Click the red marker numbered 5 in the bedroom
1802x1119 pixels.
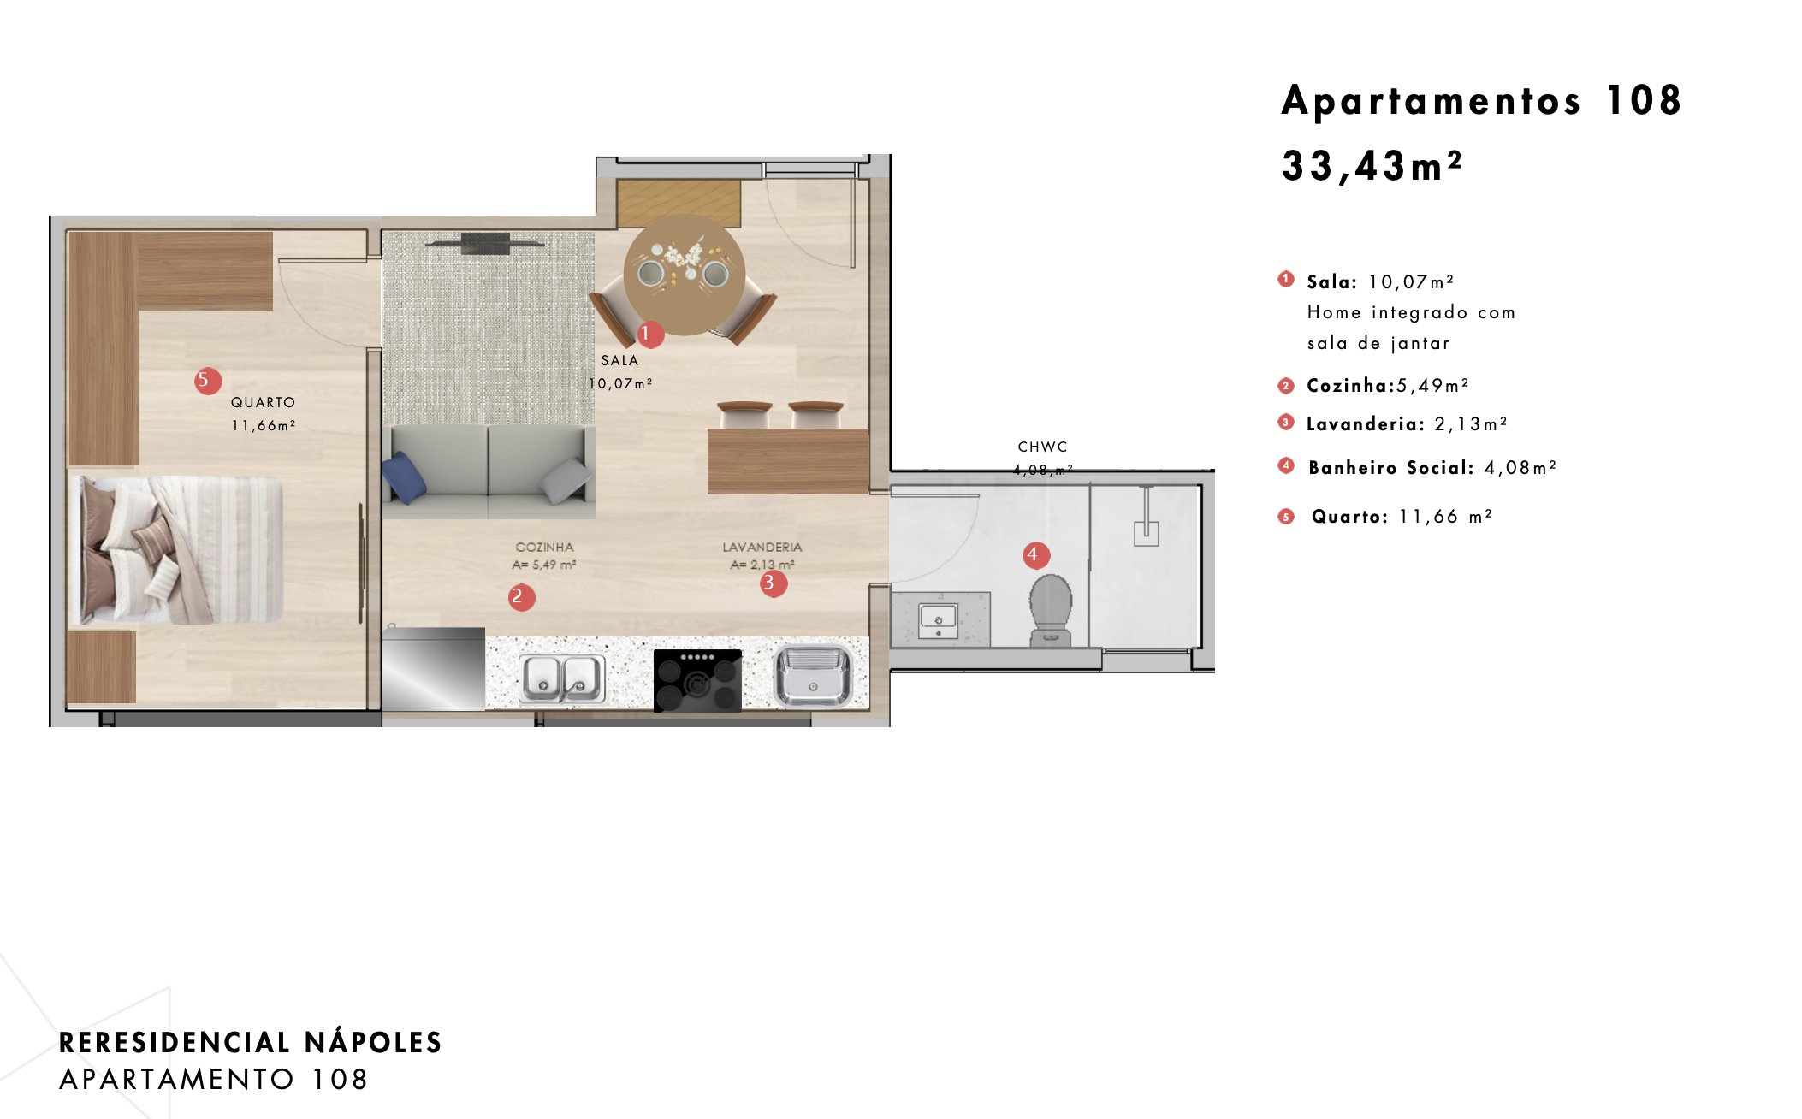(x=208, y=380)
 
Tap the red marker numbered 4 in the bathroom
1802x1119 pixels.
(x=1036, y=555)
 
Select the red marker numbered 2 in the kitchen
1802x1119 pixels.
(x=521, y=597)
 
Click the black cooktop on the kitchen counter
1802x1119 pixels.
(x=697, y=680)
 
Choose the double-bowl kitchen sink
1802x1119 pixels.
(x=562, y=678)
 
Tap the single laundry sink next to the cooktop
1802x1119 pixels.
(x=813, y=676)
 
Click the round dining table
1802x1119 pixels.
(x=684, y=275)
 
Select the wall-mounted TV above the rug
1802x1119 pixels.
(x=485, y=244)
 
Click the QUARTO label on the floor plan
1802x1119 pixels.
(x=263, y=402)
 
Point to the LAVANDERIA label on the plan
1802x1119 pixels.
(x=762, y=547)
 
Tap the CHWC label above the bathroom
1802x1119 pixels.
(x=1042, y=447)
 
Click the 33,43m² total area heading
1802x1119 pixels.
(x=1372, y=166)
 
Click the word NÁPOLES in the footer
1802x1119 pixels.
(x=373, y=1042)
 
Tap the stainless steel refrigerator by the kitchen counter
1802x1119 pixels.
(x=433, y=669)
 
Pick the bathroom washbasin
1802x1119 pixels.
(x=939, y=620)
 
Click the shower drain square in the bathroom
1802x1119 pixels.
(x=1146, y=534)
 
